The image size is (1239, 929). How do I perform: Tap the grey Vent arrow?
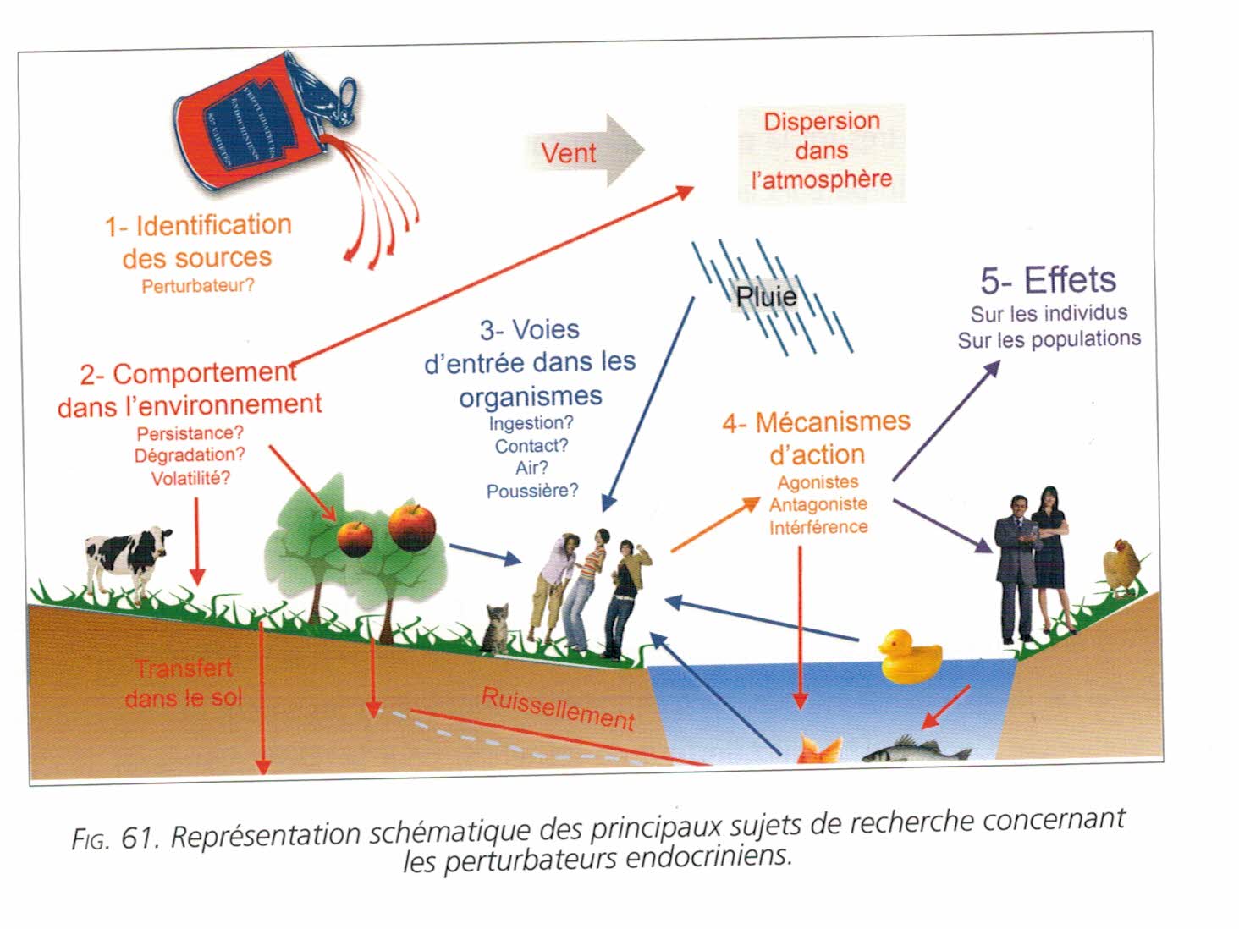coord(584,152)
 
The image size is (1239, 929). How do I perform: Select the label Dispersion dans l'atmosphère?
coord(821,151)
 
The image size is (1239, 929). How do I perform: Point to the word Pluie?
coord(766,296)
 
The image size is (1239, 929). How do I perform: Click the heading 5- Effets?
coord(1048,280)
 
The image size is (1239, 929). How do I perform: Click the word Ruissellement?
coord(558,708)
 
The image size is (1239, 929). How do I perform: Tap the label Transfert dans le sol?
coord(184,683)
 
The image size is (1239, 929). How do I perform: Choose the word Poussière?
coord(532,491)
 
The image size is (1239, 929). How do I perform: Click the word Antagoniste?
coord(818,504)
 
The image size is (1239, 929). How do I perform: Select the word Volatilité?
coord(190,478)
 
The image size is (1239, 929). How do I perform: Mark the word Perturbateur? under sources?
coord(197,286)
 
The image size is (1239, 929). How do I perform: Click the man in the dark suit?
coord(1016,567)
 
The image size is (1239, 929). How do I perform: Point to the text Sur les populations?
coord(1049,339)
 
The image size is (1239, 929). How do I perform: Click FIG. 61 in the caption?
coord(115,838)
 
